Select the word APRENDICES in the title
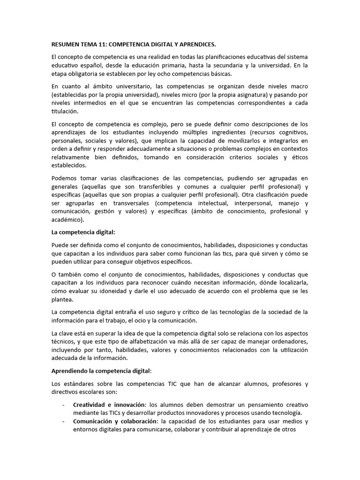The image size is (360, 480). click(x=195, y=45)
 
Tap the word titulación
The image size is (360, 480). click(x=65, y=112)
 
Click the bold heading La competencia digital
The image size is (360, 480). click(x=82, y=232)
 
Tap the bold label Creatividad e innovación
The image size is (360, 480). click(x=109, y=405)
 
